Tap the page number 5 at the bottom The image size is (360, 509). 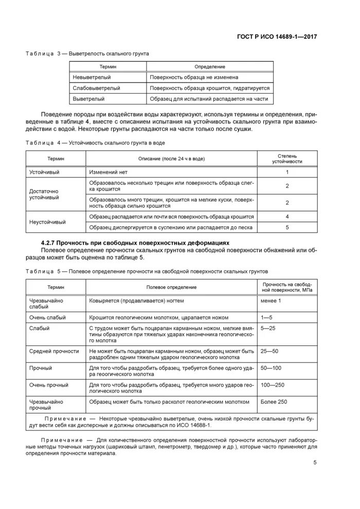click(x=315, y=462)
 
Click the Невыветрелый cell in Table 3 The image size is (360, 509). click(x=89, y=77)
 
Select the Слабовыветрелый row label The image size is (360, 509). click(x=96, y=88)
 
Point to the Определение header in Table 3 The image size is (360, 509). click(x=209, y=67)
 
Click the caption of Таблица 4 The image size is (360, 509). click(x=96, y=142)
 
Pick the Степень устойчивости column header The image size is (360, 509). click(x=287, y=158)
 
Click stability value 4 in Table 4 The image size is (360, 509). click(x=287, y=216)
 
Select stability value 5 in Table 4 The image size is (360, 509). click(x=287, y=227)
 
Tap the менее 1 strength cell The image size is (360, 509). click(x=271, y=300)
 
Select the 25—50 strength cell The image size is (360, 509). click(x=269, y=351)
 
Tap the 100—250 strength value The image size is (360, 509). click(x=272, y=384)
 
